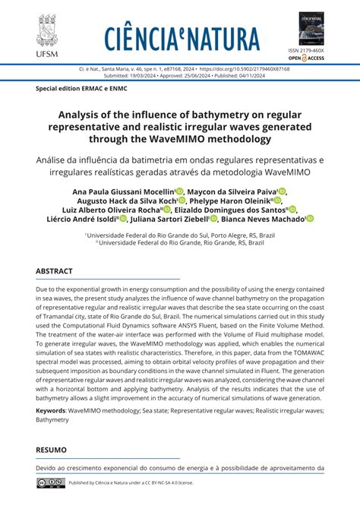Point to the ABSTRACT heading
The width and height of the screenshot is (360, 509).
pos(55,271)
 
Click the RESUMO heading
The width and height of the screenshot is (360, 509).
pos(52,450)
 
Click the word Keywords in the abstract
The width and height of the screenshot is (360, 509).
pos(50,410)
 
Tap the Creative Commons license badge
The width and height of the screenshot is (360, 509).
pos(51,482)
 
